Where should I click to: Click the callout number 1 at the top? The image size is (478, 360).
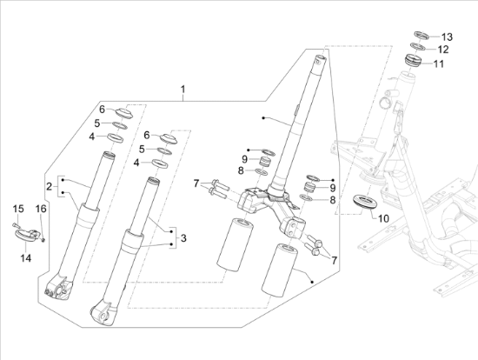pos(183,90)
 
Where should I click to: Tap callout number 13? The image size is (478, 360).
pos(447,37)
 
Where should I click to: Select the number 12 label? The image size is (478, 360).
pos(443,50)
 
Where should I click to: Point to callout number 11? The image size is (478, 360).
pos(439,64)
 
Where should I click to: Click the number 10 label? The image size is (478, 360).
pos(383,218)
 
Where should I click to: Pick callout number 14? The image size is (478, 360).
pos(26,258)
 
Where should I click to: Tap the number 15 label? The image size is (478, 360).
pos(18,209)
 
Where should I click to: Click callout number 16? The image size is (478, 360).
pos(41,209)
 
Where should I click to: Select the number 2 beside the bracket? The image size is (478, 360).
pos(49,186)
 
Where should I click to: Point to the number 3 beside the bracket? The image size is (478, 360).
pos(183,238)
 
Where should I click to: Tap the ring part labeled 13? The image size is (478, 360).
pos(422,35)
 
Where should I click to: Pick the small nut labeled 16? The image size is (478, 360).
pos(43,240)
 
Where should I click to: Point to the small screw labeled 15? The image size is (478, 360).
pos(16,226)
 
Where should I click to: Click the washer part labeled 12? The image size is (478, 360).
pos(418,47)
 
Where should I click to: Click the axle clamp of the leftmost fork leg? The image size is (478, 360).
pos(58,288)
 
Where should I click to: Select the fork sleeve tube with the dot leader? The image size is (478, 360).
pos(279,270)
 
